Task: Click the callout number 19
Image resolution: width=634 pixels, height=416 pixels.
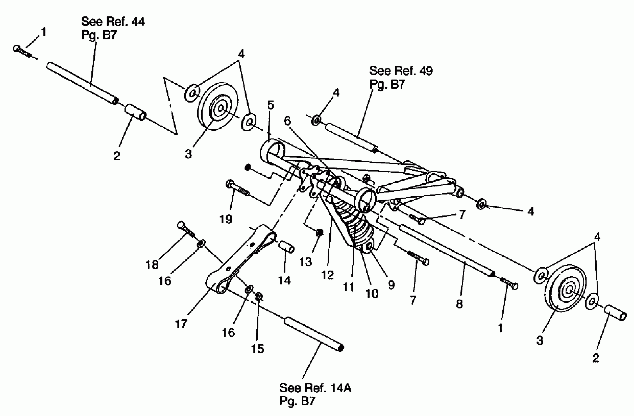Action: coord(226,219)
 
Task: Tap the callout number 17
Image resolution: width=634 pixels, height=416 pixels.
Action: coord(181,324)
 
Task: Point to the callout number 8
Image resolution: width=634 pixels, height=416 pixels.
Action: coord(459,303)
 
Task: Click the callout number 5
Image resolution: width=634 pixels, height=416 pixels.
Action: coord(270,105)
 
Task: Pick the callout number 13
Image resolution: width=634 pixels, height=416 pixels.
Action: coord(305,262)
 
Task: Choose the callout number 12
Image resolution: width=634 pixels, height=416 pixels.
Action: coord(327,275)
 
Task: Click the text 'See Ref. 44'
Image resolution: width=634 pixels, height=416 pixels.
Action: coord(113,22)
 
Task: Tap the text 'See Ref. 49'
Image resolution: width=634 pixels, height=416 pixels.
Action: coord(401,71)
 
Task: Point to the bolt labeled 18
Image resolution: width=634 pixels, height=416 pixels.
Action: coord(186,230)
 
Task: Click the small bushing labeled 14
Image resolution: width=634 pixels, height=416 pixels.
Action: coord(286,246)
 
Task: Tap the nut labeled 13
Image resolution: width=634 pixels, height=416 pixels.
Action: coord(319,232)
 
